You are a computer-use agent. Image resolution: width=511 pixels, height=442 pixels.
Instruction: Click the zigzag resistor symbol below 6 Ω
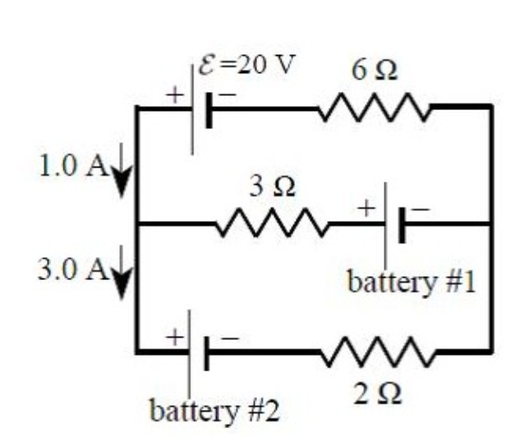pos(375,107)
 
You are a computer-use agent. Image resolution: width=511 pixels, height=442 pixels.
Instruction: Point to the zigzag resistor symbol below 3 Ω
pos(272,223)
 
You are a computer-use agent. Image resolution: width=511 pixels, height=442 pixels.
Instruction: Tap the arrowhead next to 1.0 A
pos(121,184)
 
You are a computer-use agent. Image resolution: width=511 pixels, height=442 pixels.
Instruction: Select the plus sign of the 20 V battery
pos(176,95)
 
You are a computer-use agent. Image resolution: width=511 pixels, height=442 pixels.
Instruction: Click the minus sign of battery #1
pos(420,210)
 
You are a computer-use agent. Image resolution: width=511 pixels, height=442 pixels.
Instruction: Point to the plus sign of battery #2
pos(174,336)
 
